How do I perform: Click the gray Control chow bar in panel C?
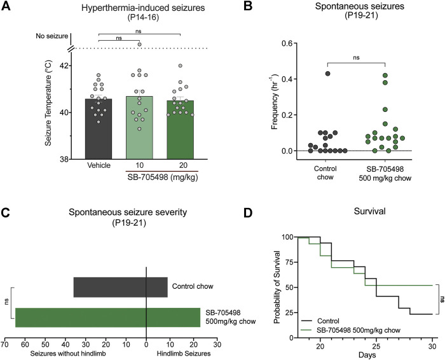click(120, 287)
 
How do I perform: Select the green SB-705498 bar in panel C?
click(107, 317)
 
